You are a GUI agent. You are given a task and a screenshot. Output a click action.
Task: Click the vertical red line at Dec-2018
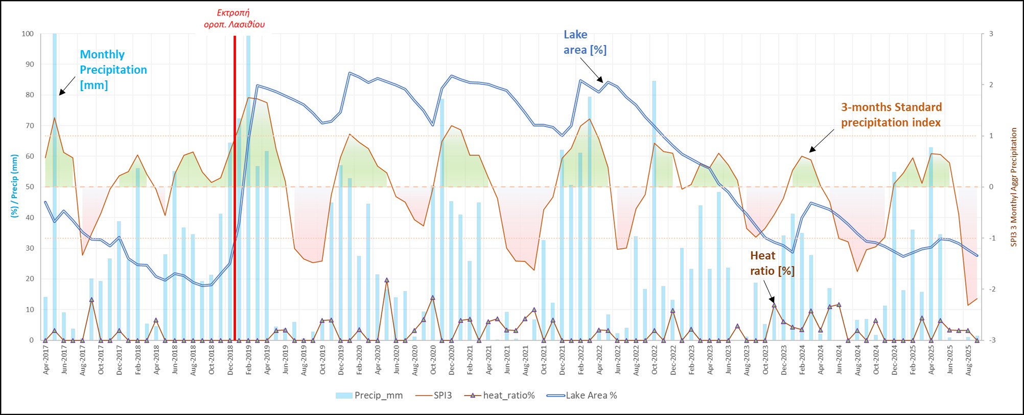coord(235,154)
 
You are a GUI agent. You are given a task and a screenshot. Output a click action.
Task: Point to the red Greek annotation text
coord(234,18)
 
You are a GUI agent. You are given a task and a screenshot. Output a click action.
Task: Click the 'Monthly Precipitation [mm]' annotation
coord(113,70)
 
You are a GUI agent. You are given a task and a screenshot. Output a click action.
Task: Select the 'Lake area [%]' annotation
coord(585,42)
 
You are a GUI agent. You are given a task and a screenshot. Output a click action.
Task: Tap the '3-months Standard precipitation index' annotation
coord(891,115)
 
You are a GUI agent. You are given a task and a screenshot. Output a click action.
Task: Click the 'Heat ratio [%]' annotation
coord(772,263)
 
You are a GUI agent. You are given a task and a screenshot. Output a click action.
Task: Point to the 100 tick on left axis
coord(28,34)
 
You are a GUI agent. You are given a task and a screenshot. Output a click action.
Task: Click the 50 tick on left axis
coord(30,187)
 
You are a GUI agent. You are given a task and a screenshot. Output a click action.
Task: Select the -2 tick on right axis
coord(991,289)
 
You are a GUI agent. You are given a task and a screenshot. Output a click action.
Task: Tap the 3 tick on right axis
coord(991,34)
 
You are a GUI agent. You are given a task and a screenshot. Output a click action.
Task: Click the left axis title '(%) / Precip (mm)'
coord(14,186)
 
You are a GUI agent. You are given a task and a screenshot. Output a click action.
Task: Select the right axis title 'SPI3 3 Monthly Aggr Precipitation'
coord(1014,187)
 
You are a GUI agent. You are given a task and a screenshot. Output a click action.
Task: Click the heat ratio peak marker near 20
coord(387,280)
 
